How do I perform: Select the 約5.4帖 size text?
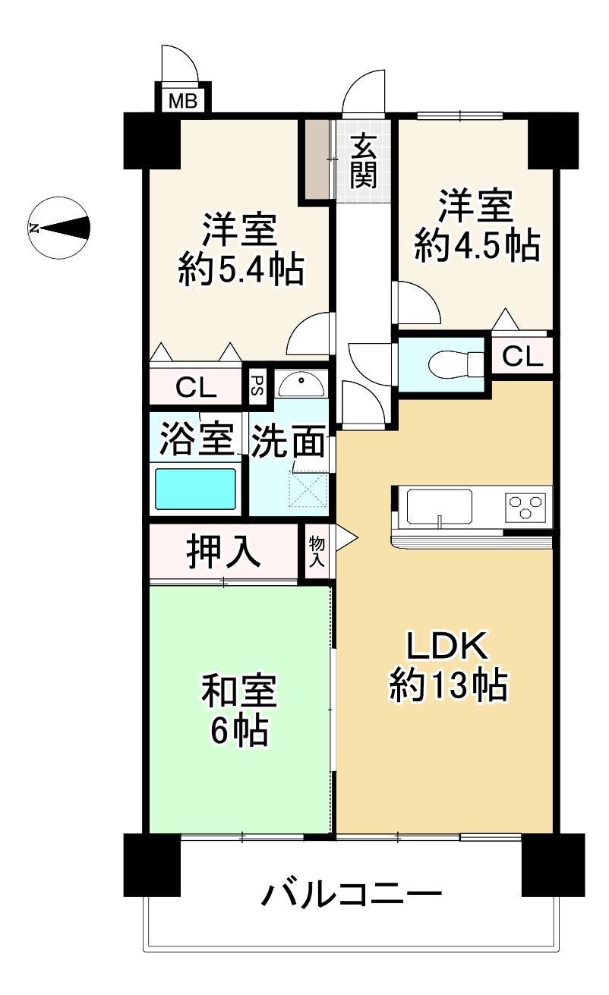tap(241, 269)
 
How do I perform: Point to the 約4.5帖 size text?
tap(477, 244)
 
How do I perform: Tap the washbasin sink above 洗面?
tap(301, 384)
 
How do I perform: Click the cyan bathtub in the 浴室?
tap(195, 489)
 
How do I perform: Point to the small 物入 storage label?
tap(317, 551)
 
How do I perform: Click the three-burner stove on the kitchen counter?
tap(527, 506)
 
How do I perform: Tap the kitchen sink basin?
tap(440, 507)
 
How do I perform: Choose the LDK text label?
tap(448, 646)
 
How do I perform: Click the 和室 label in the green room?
tap(240, 691)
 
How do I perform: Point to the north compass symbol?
tap(58, 228)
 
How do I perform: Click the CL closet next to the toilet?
tap(522, 356)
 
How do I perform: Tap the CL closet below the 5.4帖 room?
tap(196, 387)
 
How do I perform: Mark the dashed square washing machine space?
tap(308, 489)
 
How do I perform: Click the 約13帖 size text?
tap(449, 686)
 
